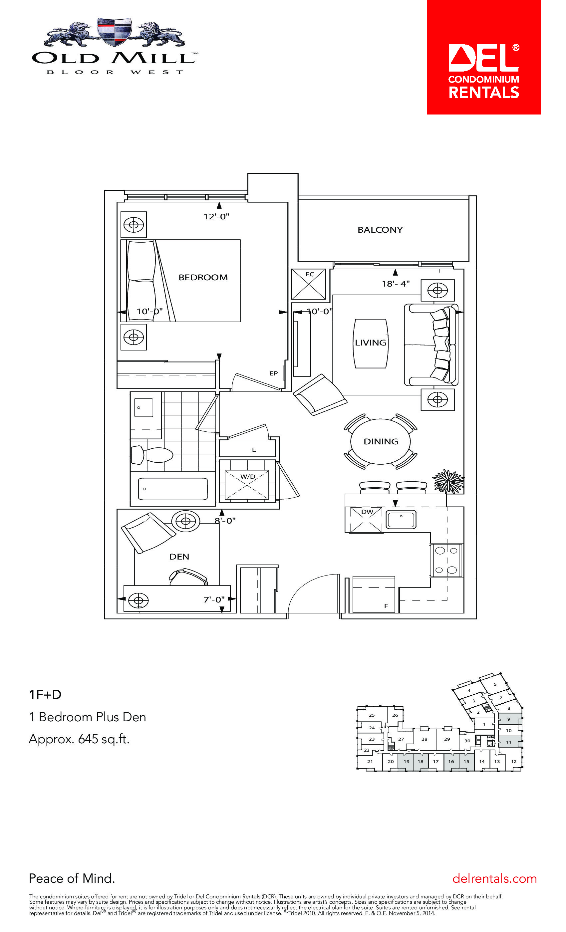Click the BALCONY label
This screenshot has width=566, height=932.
coord(380,230)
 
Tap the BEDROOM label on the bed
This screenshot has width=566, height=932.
coord(203,277)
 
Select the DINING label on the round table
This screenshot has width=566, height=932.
coord(381,441)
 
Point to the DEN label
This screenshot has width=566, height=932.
coord(179,557)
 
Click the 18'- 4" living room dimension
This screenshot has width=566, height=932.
coord(396,283)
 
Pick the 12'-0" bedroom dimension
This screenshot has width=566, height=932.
coord(216,216)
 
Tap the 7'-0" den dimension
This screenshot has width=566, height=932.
coord(214,599)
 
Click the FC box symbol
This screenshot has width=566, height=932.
coord(309,284)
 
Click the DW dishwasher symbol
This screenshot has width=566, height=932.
coord(366,520)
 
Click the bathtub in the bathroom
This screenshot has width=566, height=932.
coord(173,489)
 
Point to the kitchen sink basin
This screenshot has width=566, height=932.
coord(401,519)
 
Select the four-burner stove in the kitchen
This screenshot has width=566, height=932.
coord(446,561)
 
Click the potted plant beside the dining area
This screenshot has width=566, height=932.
coord(449,481)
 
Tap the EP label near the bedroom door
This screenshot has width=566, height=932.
coord(274,373)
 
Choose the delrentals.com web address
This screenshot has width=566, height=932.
coord(494,878)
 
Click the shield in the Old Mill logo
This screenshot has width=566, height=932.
coord(114,31)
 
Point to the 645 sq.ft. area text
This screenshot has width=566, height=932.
coord(104,739)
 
